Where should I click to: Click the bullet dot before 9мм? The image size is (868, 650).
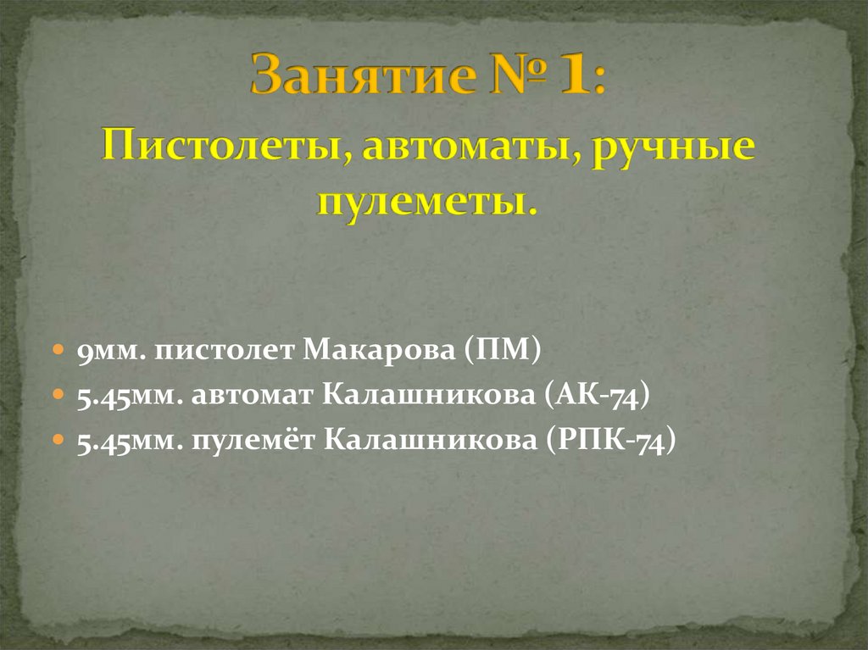[x=58, y=349]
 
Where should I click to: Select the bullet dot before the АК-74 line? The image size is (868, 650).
[x=58, y=395]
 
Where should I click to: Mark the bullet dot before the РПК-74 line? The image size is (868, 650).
[x=58, y=441]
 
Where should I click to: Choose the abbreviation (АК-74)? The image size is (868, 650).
[x=598, y=395]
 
